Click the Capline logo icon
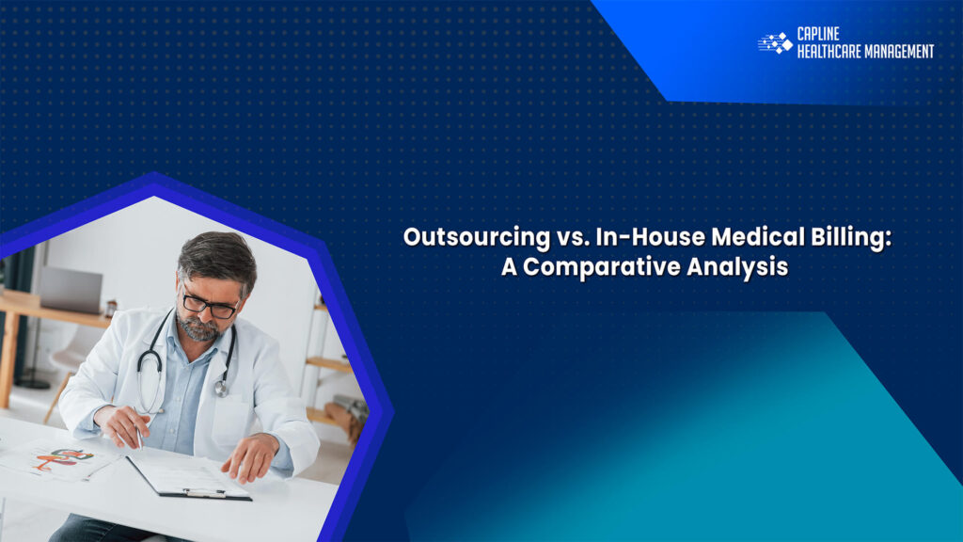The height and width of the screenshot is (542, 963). coord(775,43)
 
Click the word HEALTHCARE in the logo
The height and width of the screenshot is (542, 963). coord(831,52)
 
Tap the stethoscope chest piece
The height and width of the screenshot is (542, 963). coord(221,387)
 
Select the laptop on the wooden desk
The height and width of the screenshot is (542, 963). coord(71,290)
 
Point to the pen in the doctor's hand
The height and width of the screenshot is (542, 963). coord(139,436)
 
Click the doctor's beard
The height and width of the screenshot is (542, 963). coord(200,329)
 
